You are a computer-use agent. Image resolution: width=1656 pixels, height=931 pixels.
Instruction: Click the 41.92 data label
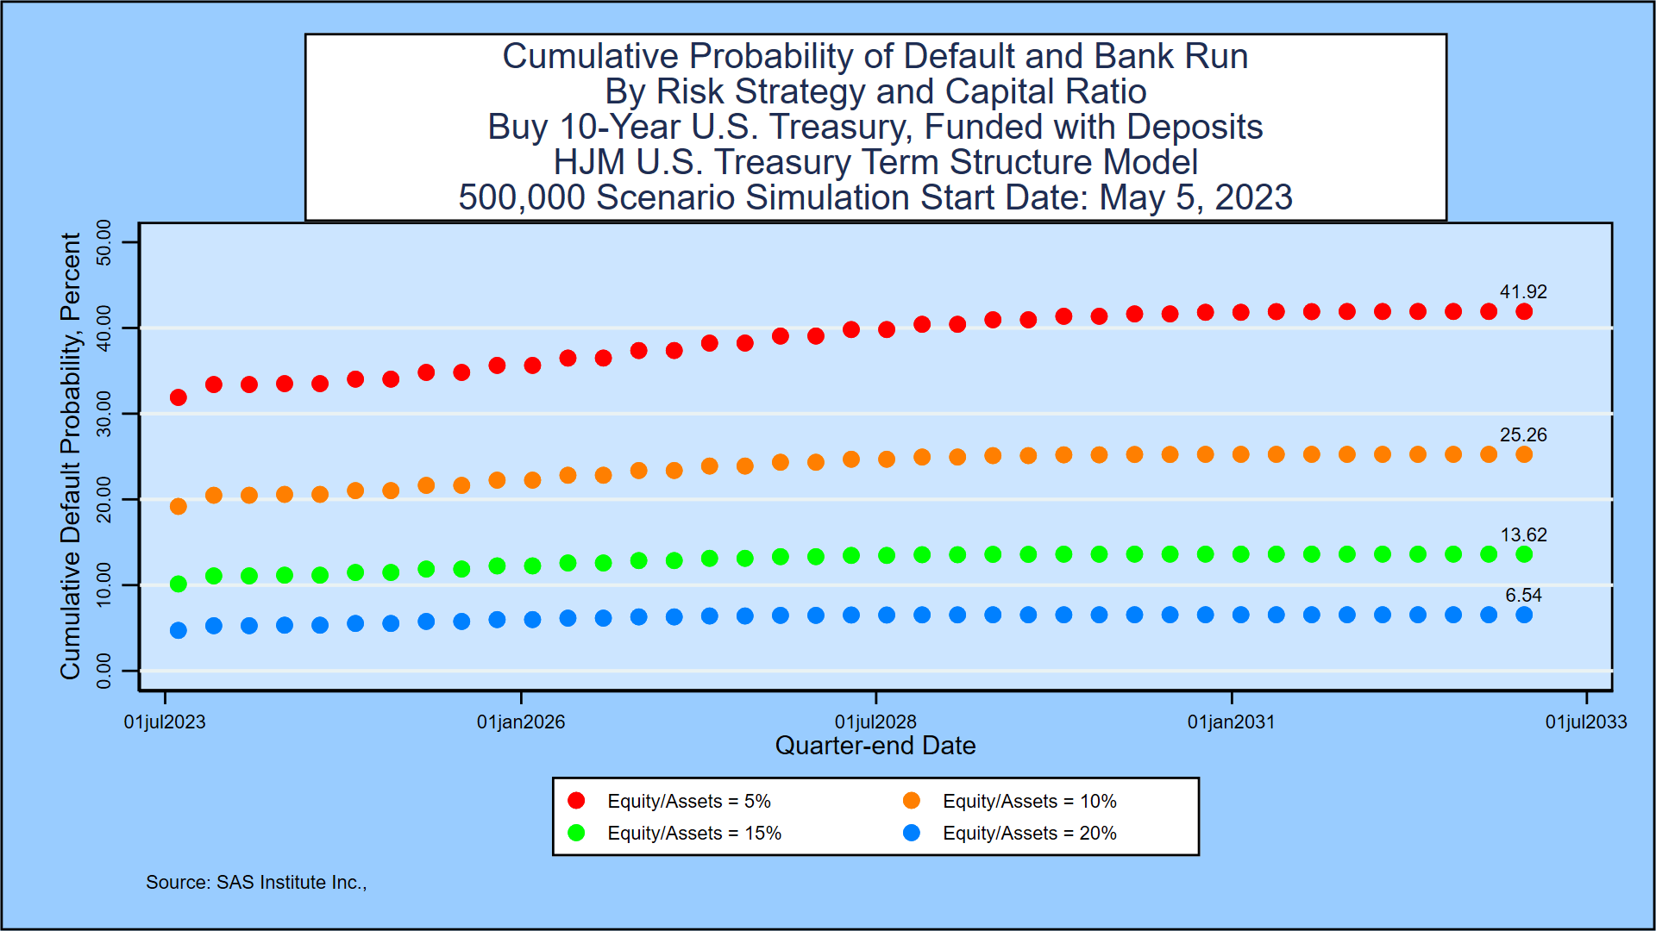[1523, 292]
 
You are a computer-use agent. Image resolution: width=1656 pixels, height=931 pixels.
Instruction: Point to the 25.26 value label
[1523, 435]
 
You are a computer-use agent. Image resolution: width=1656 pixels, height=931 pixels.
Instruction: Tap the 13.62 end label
[1523, 535]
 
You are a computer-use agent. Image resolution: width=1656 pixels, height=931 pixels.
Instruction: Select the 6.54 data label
[1523, 596]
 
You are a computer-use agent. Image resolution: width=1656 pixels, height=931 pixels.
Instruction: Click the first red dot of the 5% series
[179, 397]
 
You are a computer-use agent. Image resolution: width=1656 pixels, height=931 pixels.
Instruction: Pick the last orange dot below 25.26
[1524, 454]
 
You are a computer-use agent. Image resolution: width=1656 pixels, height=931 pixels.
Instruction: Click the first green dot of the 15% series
[179, 584]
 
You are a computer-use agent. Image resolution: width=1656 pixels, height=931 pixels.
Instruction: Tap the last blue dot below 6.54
[1524, 615]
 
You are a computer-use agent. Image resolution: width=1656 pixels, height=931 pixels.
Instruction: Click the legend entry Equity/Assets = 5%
[688, 802]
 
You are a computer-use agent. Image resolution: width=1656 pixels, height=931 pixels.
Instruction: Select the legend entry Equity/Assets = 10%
[1029, 802]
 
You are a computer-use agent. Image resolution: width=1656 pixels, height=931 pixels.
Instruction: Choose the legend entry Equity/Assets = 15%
[693, 834]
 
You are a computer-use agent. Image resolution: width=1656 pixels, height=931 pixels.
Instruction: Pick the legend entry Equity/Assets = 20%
[1029, 834]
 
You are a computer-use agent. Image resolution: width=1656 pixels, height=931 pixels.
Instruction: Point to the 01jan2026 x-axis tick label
[521, 722]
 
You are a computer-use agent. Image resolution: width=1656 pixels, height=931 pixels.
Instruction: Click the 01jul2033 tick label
[1585, 722]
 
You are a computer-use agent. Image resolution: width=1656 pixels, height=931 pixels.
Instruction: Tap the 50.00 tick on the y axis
[104, 242]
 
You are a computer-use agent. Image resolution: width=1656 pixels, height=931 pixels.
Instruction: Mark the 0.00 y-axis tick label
[104, 672]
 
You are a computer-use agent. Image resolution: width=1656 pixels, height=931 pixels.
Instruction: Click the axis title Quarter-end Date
[875, 746]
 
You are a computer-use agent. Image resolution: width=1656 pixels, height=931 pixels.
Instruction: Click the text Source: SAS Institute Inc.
[256, 883]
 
